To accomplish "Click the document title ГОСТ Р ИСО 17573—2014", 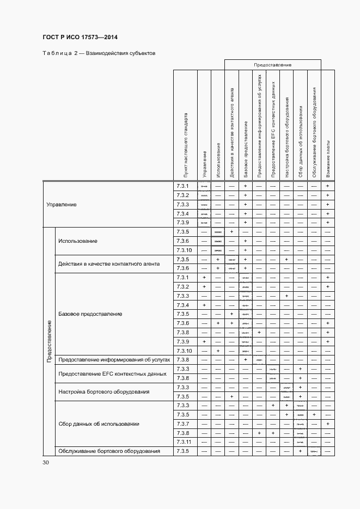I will point(80,38).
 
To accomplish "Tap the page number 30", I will point(46,462).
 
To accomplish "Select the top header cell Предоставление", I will point(272,65).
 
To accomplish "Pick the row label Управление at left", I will point(62,205).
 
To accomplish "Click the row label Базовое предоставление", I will point(90,314).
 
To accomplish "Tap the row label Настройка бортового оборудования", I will point(103,392).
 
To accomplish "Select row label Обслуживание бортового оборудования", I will point(109,451).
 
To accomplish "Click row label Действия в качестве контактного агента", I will point(109,264).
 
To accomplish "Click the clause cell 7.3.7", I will point(182,424).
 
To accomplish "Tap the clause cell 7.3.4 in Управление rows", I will point(182,213).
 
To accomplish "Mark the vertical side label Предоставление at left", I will point(49,341).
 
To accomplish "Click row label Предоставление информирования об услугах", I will point(114,360).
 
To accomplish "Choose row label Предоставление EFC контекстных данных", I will point(112,373).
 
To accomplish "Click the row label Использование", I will point(78,241).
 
